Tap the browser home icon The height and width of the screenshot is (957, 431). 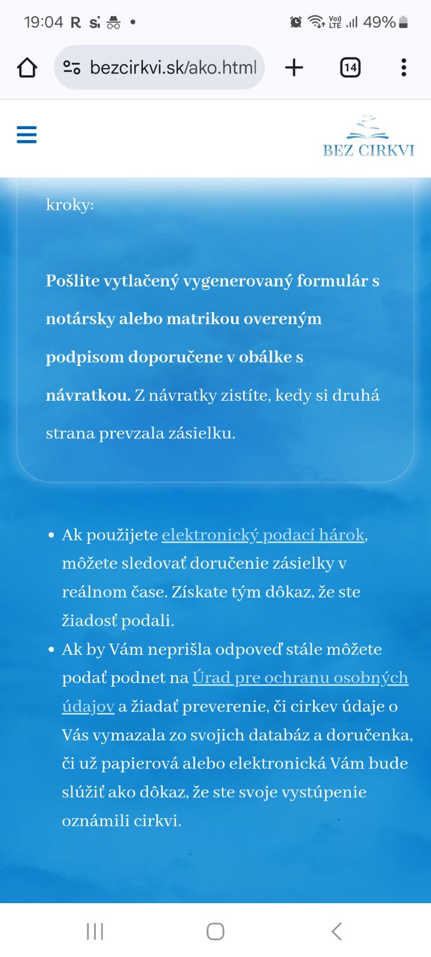point(27,68)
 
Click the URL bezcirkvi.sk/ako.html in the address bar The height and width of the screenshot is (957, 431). point(173,68)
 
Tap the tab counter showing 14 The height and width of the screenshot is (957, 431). point(350,68)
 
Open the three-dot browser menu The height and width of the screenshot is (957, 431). point(404,68)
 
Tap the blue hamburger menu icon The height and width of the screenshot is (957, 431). point(26,135)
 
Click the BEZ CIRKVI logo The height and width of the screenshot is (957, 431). point(368,138)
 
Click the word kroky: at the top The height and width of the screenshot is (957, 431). point(69,205)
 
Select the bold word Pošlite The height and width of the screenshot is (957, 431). point(72,281)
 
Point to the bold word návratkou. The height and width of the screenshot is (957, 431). point(87,395)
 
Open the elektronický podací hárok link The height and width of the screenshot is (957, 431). point(263,535)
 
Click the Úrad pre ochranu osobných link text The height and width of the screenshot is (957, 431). point(300,678)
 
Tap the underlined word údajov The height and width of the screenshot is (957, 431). point(88,706)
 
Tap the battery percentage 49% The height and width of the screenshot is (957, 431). point(379,22)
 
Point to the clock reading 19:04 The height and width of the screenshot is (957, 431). point(43,22)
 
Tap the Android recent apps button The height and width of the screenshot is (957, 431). point(95,931)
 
